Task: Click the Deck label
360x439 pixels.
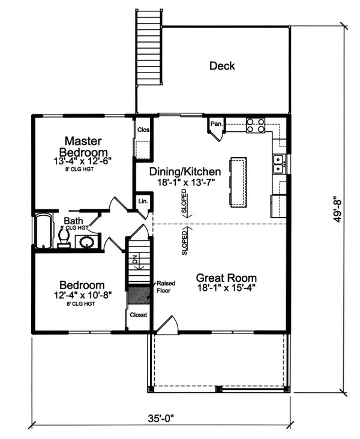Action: [222, 66]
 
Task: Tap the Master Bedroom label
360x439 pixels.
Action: [82, 146]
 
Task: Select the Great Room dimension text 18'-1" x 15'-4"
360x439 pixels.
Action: [227, 289]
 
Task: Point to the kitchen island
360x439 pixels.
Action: [238, 181]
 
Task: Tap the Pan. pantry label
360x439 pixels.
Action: [217, 124]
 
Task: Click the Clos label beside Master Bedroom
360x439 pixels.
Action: [143, 130]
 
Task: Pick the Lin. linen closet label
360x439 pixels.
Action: [143, 202]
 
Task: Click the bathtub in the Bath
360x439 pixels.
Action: [44, 231]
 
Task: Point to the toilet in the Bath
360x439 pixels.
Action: [62, 240]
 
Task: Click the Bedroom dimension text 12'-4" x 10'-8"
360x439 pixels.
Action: [81, 295]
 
